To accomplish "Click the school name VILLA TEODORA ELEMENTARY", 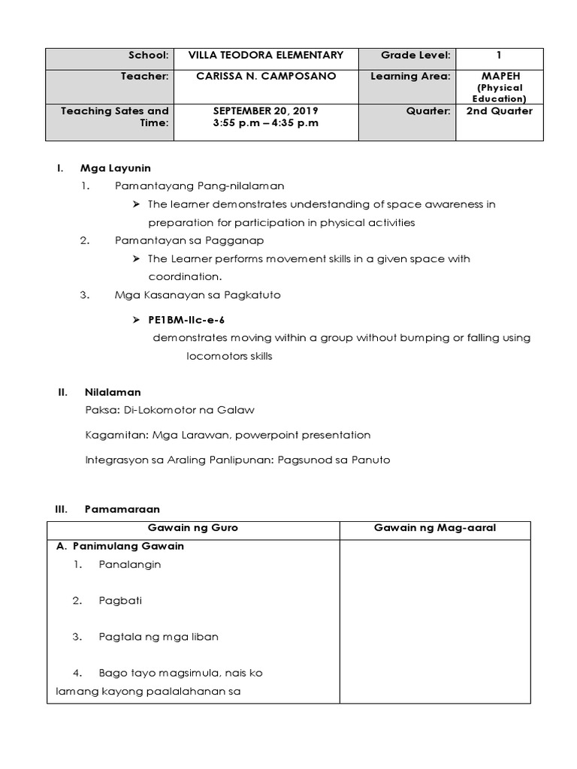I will pyautogui.click(x=265, y=55).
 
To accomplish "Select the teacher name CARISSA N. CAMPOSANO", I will pyautogui.click(x=265, y=76).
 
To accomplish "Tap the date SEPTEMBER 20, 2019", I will pyautogui.click(x=265, y=111).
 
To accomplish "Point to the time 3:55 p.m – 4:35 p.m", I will pyautogui.click(x=265, y=123).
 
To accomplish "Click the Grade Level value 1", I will pyautogui.click(x=499, y=55).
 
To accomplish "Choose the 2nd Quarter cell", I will pyautogui.click(x=499, y=111).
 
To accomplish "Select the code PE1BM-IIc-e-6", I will pyautogui.click(x=186, y=319).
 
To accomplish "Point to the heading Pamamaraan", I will pyautogui.click(x=119, y=509).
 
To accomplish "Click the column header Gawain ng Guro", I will pyautogui.click(x=193, y=528).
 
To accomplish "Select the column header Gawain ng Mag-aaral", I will pyautogui.click(x=435, y=528).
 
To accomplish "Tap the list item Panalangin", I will pyautogui.click(x=129, y=564).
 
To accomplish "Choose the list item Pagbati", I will pyautogui.click(x=120, y=600).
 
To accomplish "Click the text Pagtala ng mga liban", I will pyautogui.click(x=158, y=636).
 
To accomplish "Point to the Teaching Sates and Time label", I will pyautogui.click(x=114, y=116).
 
